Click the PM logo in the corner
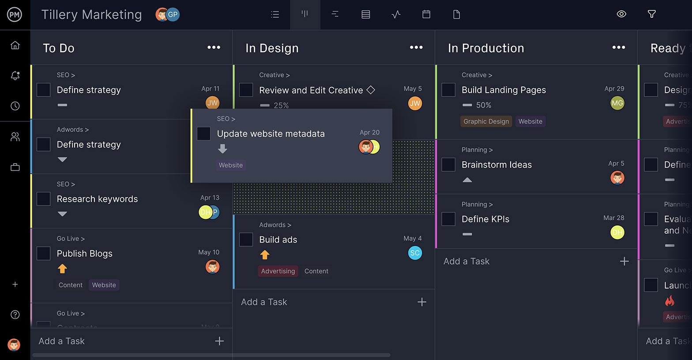tap(15, 15)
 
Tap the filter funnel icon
tap(651, 14)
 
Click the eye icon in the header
tap(621, 14)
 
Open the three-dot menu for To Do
tap(214, 48)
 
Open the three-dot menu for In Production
tap(619, 48)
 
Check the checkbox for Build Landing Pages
tap(448, 90)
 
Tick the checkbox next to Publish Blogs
tap(43, 254)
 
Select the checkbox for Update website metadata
tap(203, 134)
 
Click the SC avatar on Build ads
tap(415, 253)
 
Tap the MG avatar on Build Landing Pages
tap(617, 103)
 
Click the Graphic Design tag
tap(486, 121)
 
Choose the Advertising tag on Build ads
tap(278, 271)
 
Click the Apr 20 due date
tap(369, 132)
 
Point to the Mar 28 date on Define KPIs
tap(613, 218)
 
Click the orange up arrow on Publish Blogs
tap(62, 269)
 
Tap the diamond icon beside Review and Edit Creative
tap(371, 90)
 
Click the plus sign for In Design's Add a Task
tap(422, 302)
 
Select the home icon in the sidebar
tap(15, 45)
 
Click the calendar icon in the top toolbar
tap(426, 15)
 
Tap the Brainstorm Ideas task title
tap(496, 165)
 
